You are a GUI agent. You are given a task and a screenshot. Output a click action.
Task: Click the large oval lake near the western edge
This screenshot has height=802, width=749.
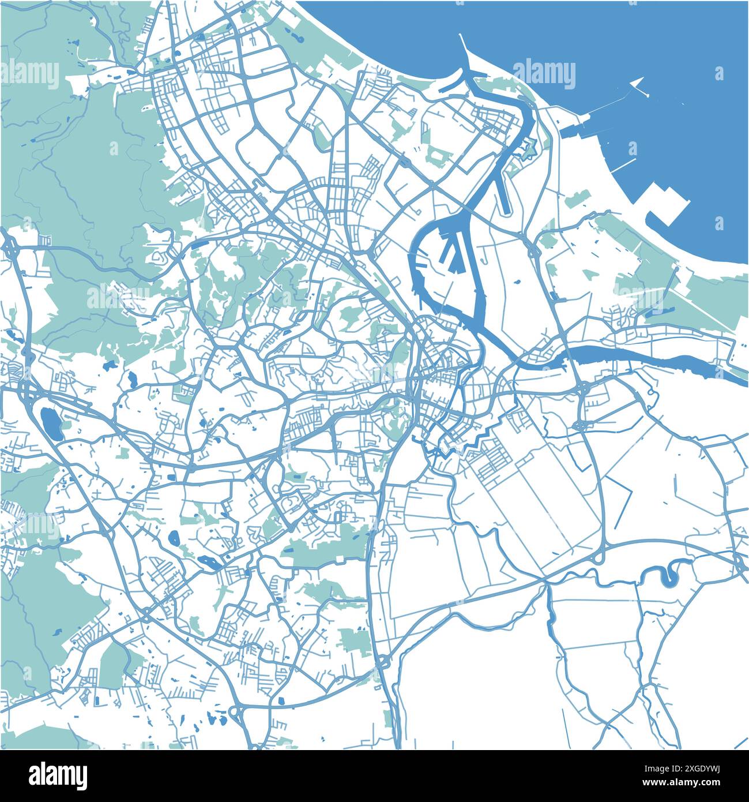[51, 424]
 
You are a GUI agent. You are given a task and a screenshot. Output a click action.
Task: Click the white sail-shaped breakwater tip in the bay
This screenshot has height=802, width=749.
[637, 85]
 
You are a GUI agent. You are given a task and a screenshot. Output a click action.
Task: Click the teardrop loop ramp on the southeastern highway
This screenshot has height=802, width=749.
[600, 557]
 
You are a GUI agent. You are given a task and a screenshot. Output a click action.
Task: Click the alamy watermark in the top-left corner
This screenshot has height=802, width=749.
[30, 74]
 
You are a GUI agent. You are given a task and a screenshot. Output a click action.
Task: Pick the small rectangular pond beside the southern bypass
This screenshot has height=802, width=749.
[281, 700]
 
